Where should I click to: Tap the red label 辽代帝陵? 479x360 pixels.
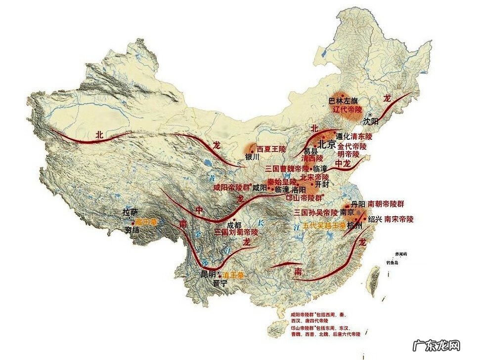click(x=348, y=109)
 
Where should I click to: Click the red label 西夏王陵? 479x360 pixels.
click(x=271, y=149)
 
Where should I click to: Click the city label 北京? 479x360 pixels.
click(x=326, y=145)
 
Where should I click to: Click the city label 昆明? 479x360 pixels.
click(x=208, y=274)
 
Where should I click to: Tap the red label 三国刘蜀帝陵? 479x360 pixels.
click(x=236, y=231)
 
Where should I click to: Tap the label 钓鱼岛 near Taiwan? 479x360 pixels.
click(x=393, y=263)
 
